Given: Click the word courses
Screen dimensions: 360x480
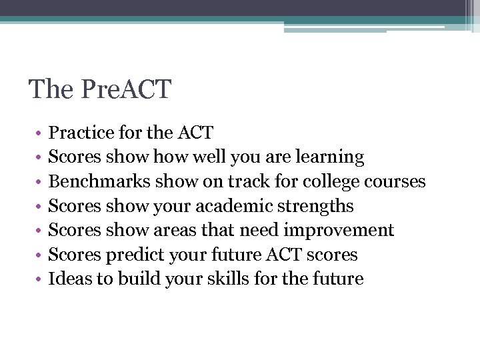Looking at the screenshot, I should pyautogui.click(x=396, y=181).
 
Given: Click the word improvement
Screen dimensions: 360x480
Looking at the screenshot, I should pyautogui.click(x=339, y=230).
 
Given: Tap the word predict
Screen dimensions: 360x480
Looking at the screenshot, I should pyautogui.click(x=127, y=255).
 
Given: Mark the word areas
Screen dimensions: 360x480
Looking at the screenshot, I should pyautogui.click(x=171, y=230).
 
